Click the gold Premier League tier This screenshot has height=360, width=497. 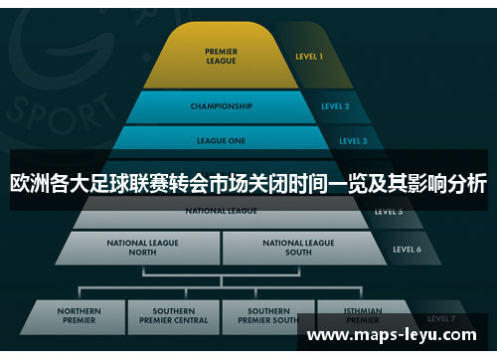pos(221,57)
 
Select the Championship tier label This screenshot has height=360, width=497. pos(221,106)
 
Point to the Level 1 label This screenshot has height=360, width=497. pos(308,57)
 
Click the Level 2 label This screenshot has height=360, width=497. pos(335,106)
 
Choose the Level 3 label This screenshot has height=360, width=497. pos(352,141)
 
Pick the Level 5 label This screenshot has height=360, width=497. pos(389,212)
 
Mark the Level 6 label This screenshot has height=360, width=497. pos(407,249)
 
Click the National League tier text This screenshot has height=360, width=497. pos(221,212)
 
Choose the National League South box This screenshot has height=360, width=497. pos(298,248)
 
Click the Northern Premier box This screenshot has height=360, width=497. pos(79,316)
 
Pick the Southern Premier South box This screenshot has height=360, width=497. pos(269,316)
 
